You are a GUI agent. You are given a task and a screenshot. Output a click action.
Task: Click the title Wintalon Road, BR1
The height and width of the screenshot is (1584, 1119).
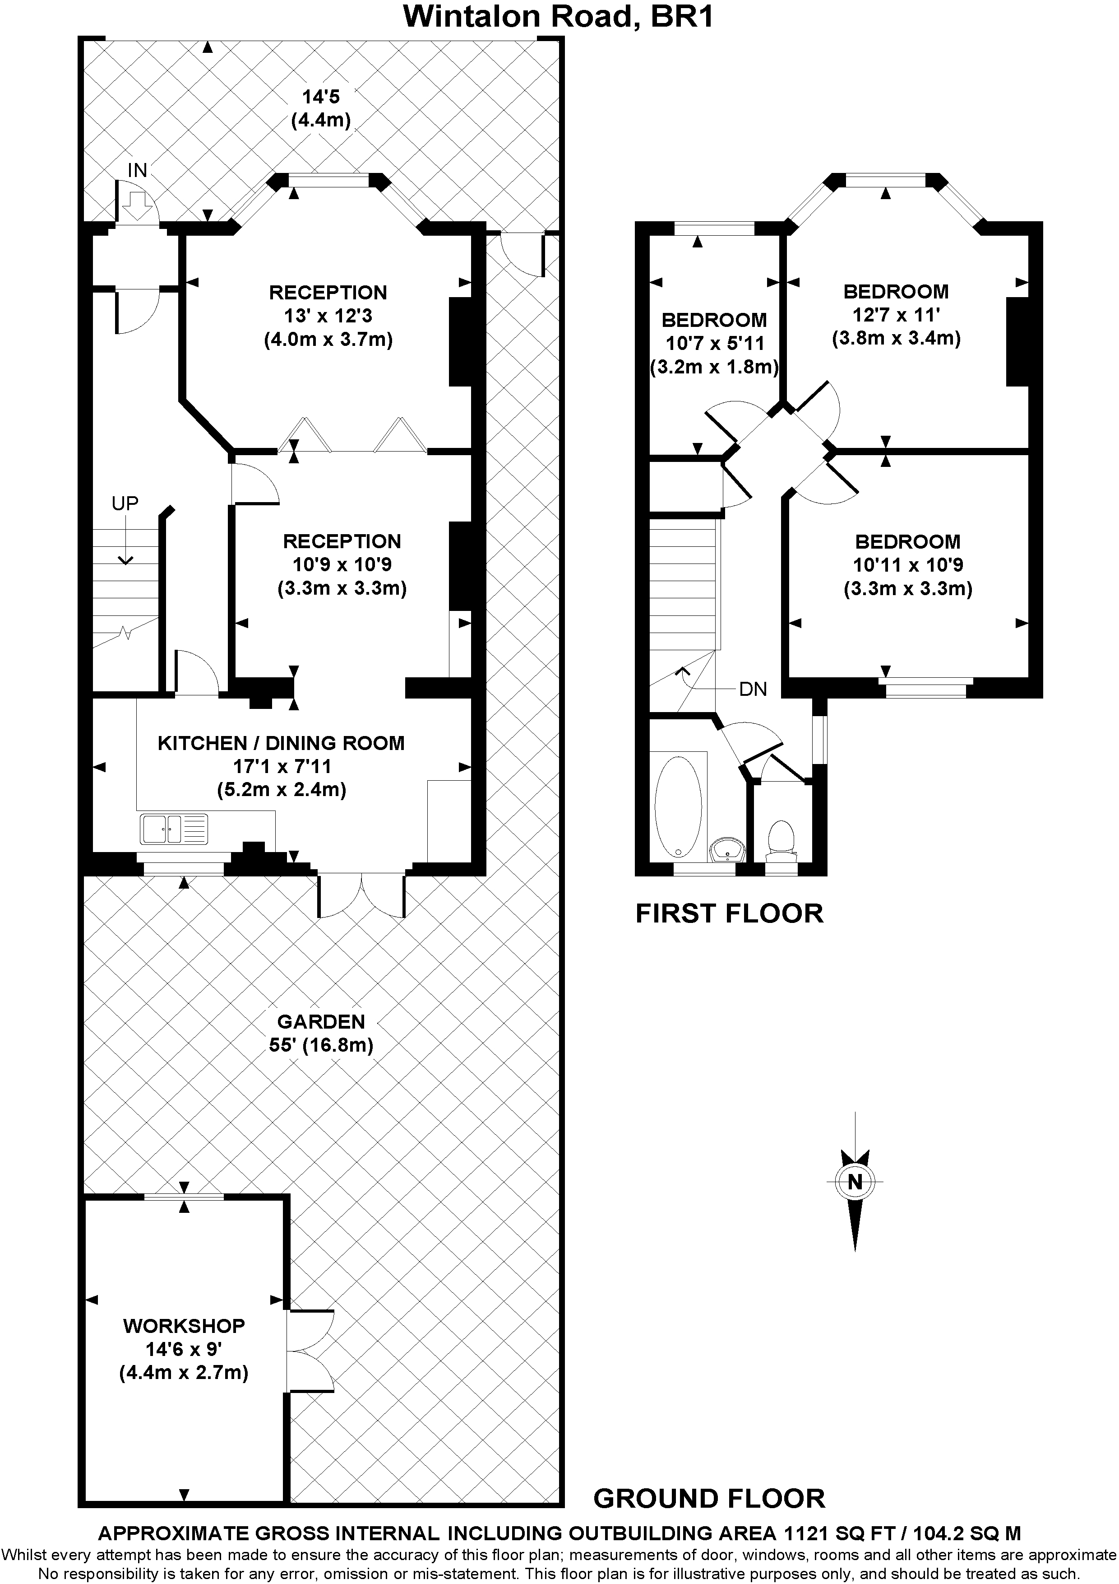559,17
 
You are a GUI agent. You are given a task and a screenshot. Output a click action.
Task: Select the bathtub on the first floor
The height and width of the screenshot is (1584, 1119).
678,806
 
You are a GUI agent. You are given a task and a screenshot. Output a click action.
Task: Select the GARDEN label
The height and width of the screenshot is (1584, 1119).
321,1020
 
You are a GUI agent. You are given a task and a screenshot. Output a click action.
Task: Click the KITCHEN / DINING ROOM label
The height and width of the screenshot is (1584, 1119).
281,743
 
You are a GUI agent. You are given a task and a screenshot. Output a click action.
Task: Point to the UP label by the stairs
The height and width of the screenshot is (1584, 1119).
125,503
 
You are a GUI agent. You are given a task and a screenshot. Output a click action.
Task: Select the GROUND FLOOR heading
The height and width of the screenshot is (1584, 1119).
709,1499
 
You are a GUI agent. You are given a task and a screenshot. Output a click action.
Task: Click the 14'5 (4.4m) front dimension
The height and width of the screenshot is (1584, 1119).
321,108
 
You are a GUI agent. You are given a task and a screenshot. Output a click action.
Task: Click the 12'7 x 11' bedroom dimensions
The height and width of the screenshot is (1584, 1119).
896,315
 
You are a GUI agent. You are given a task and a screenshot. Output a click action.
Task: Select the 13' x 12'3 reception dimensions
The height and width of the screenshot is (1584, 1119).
328,316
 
